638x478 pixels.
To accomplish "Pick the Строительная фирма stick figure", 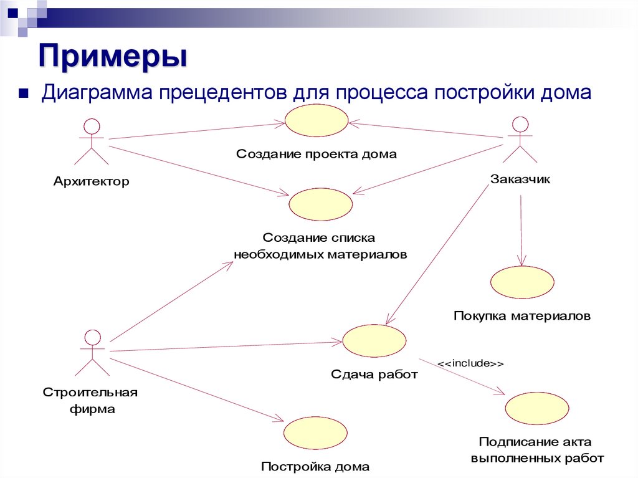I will point(92,353).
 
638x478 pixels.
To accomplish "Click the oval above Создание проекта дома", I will point(317,120).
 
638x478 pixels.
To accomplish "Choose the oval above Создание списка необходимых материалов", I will point(321,204).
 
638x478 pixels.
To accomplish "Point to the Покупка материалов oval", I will point(521,282).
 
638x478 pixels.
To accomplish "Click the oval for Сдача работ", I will point(374,340).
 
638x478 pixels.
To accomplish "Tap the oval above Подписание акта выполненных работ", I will point(536,408).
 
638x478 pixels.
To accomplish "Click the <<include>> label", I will point(470,363).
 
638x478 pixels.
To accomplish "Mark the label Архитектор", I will point(92,182).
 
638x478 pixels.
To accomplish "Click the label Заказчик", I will point(520,179).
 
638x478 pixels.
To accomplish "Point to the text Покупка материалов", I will point(521,316).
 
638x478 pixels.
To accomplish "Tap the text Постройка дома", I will point(315,466).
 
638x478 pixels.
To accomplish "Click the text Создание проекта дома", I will point(316,154).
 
